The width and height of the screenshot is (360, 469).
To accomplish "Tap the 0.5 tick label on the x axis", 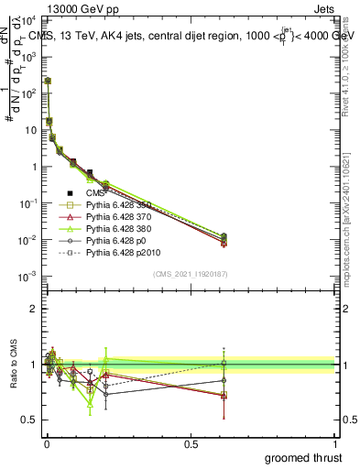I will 191,443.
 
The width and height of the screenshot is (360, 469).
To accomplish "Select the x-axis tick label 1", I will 334,443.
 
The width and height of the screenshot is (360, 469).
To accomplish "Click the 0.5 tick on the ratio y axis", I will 28,420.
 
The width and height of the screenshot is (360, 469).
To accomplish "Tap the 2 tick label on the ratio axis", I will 33,310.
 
